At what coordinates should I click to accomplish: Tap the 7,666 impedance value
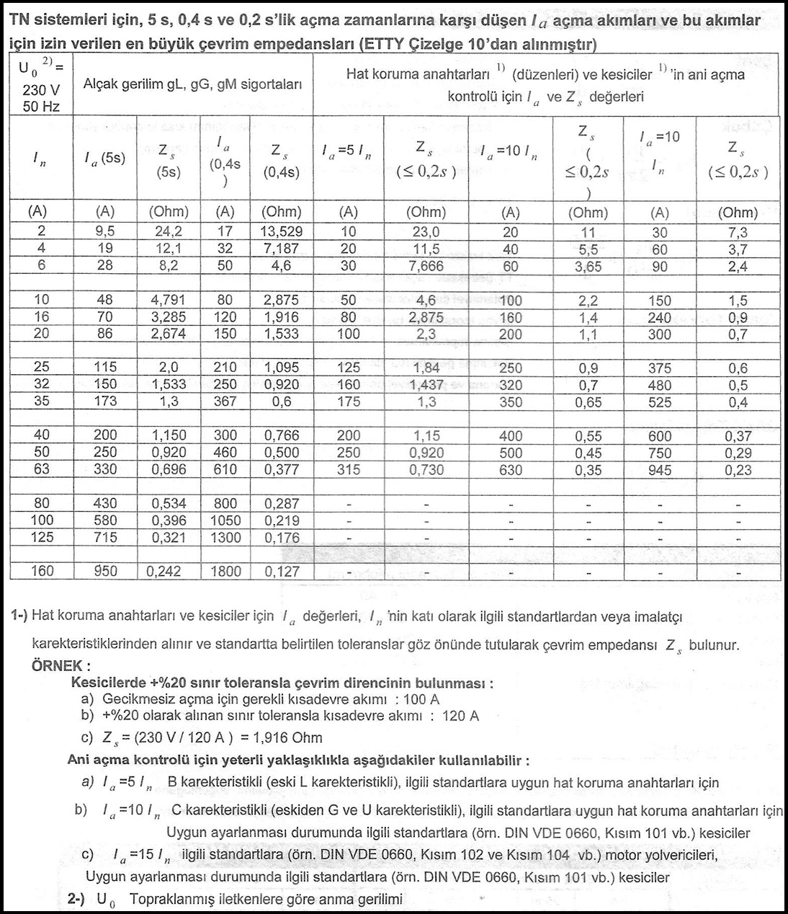point(426,266)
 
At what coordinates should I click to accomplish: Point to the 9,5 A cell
point(105,231)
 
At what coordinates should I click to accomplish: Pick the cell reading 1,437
point(426,385)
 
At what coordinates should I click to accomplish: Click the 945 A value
point(659,471)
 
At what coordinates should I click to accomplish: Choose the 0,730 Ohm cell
point(426,470)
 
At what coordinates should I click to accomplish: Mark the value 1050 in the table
point(225,520)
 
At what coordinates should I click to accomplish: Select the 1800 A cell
point(225,571)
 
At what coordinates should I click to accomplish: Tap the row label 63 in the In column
point(42,469)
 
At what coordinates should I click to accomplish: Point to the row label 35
point(42,401)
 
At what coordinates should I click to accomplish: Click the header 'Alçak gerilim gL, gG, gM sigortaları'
point(192,84)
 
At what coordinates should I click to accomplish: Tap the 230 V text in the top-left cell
point(41,91)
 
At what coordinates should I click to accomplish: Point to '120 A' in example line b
point(460,716)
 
